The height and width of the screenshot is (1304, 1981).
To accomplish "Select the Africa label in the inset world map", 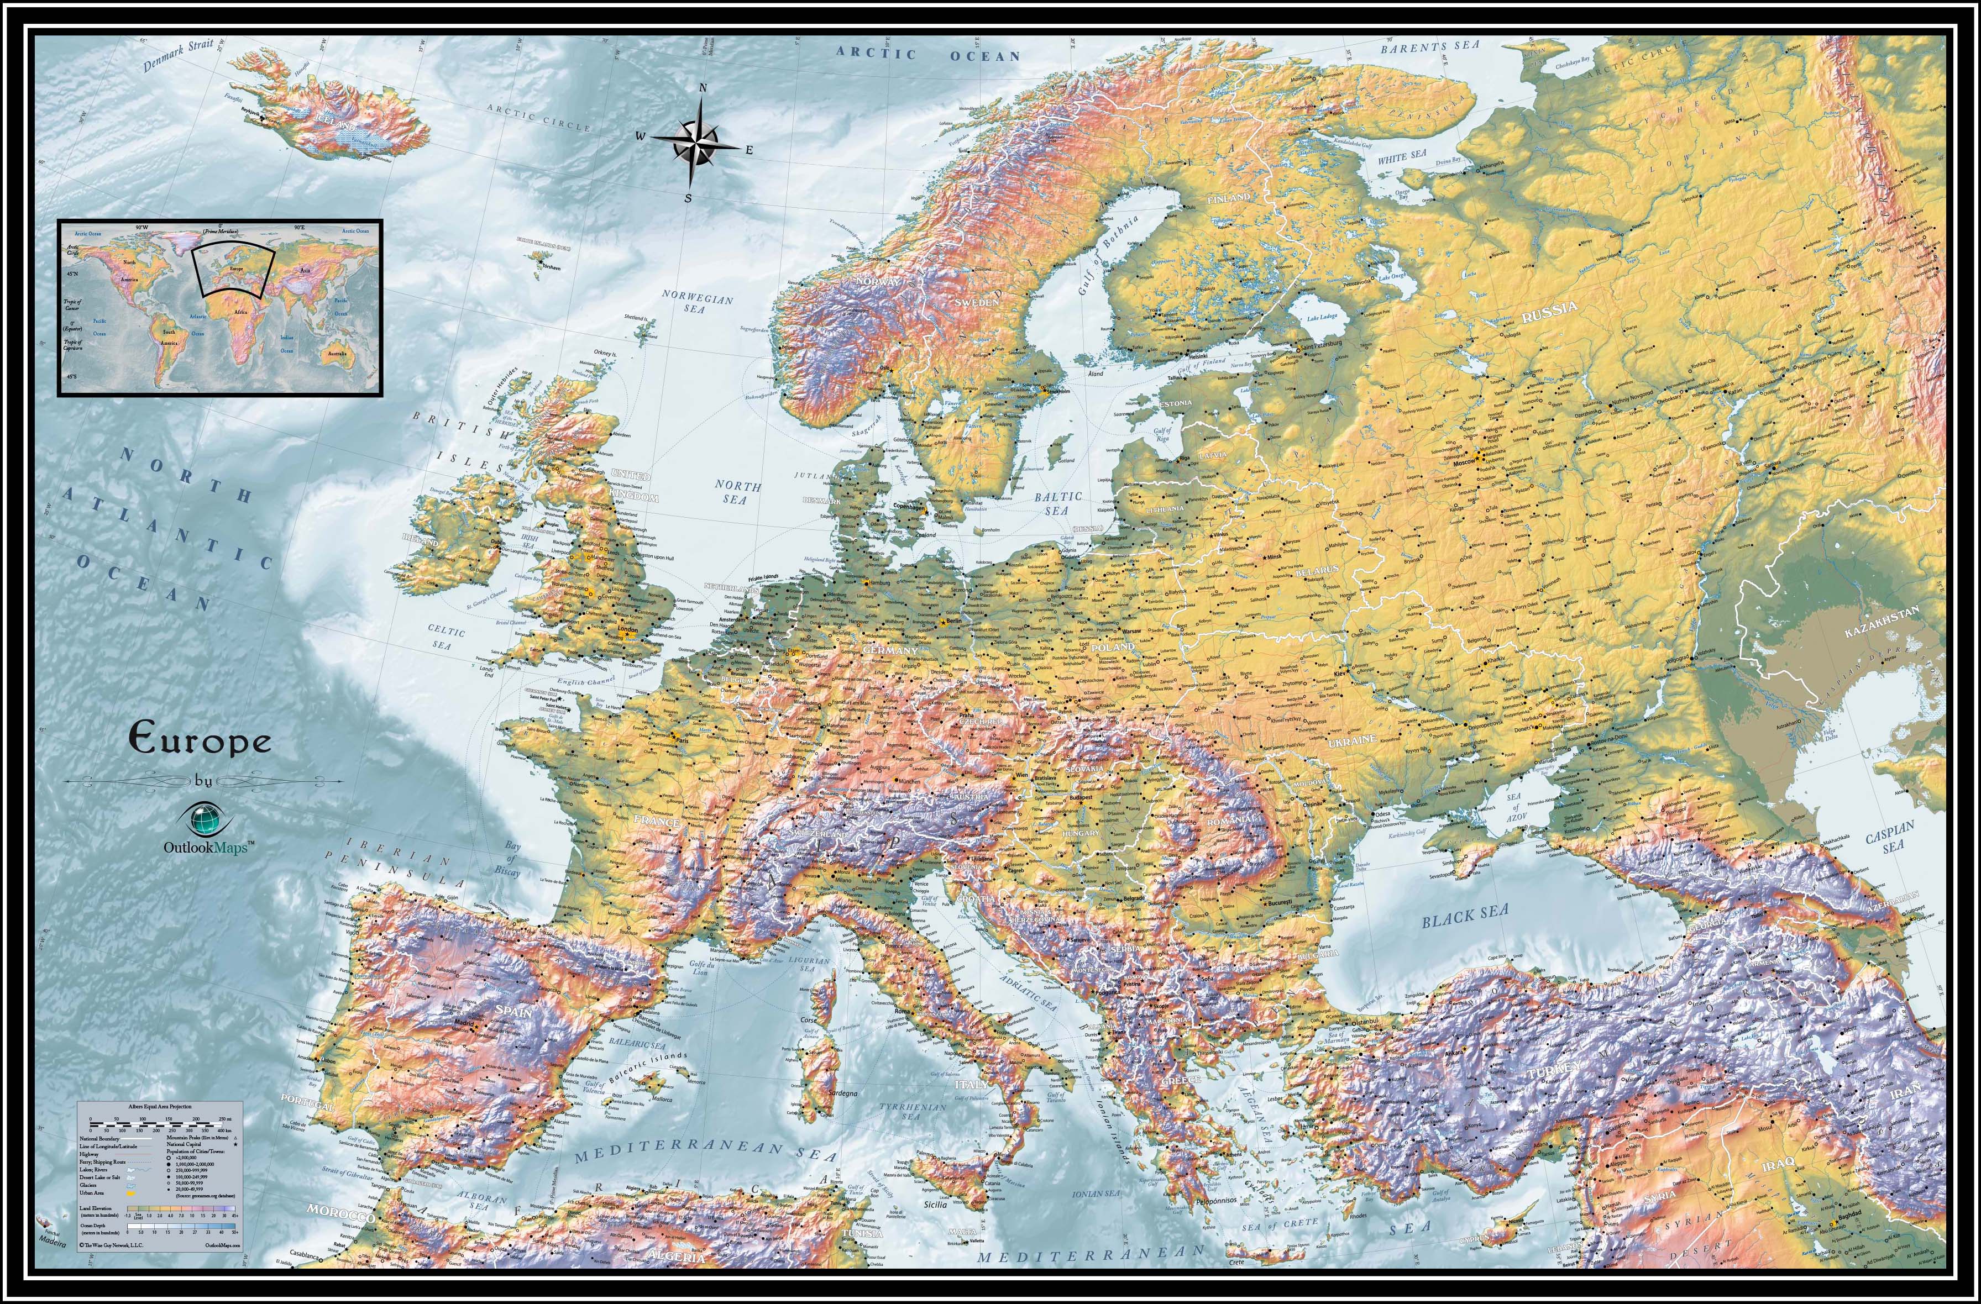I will pos(240,311).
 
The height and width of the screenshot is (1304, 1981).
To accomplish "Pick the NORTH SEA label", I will pos(737,492).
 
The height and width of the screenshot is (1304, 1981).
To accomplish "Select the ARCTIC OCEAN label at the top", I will pos(928,55).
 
